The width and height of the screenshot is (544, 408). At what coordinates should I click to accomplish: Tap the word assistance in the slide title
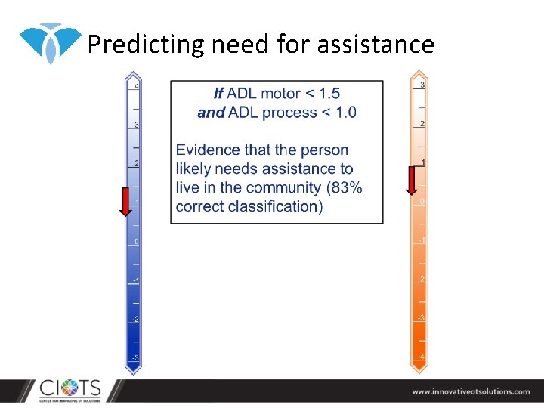click(x=376, y=45)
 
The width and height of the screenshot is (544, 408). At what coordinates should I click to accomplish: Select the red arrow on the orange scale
click(x=412, y=181)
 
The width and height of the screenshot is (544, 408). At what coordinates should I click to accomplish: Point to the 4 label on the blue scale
click(x=136, y=87)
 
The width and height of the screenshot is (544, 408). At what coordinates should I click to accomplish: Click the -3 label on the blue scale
click(x=135, y=357)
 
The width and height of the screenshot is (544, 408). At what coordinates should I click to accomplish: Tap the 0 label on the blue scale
click(x=137, y=242)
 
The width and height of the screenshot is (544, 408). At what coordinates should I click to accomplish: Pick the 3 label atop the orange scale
click(x=422, y=85)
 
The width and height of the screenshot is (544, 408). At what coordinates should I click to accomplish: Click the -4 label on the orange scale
click(x=421, y=357)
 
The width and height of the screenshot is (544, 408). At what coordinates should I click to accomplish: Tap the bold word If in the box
click(x=218, y=94)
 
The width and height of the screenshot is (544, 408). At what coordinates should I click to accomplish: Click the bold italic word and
click(x=211, y=113)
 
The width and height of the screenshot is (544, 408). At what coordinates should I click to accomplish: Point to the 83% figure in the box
click(x=345, y=187)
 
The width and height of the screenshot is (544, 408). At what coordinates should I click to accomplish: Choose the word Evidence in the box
click(x=209, y=150)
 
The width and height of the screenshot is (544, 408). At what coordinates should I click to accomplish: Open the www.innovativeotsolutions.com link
click(x=471, y=391)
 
